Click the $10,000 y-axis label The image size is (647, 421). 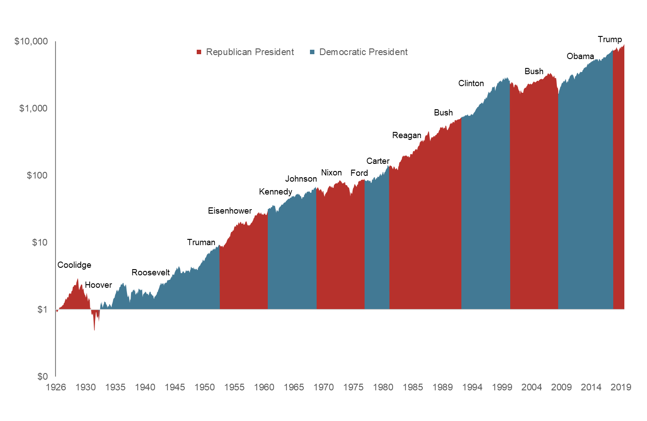[x=31, y=42]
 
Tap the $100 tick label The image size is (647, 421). [x=36, y=175]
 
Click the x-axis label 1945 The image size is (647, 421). [x=175, y=387]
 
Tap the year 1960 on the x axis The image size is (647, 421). [x=264, y=387]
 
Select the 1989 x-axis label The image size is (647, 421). [x=442, y=387]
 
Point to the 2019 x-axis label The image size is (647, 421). [x=621, y=387]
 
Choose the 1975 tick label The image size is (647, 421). [x=353, y=387]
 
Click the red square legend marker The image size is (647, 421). [x=199, y=52]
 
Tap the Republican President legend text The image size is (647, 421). [x=250, y=52]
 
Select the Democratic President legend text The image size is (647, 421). [x=363, y=52]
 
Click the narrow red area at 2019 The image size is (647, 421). [x=619, y=178]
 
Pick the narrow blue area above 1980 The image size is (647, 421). [x=377, y=244]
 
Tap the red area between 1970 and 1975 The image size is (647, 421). [x=340, y=249]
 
